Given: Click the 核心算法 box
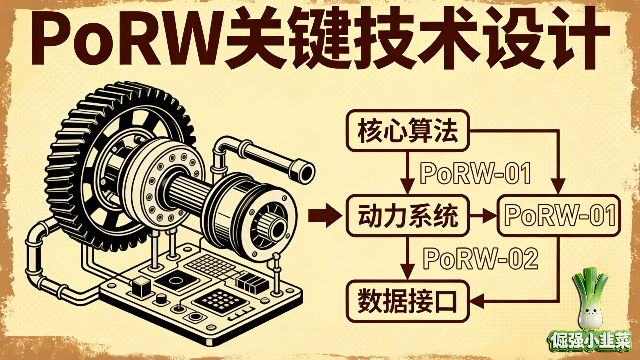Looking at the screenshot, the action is (407, 131).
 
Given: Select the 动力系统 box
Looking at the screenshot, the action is (407, 216).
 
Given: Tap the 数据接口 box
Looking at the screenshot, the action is (407, 301).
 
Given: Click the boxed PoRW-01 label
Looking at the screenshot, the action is (559, 216).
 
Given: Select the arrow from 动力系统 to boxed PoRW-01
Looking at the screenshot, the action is (483, 216).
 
